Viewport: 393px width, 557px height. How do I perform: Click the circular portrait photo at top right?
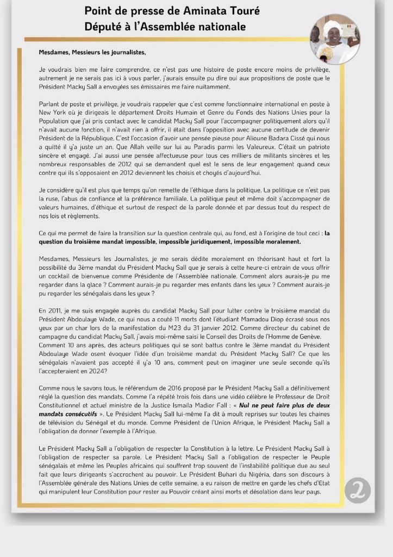(x=334, y=39)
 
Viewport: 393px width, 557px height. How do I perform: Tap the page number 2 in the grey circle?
(x=358, y=490)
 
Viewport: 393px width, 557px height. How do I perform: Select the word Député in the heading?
(x=102, y=26)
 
